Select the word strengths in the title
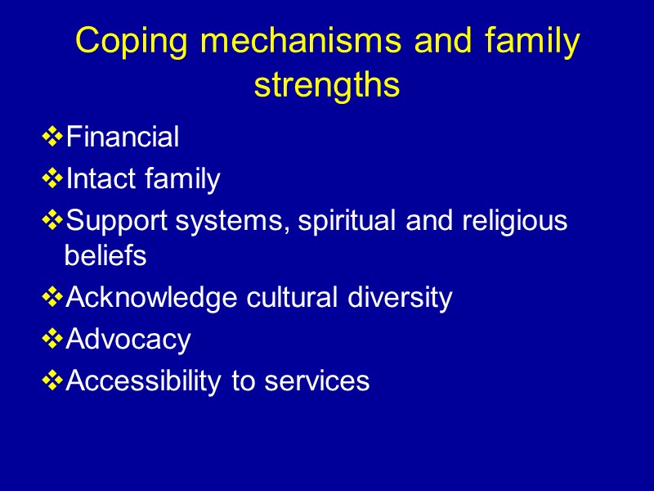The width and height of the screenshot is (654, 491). click(327, 85)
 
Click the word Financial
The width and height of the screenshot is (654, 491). click(122, 137)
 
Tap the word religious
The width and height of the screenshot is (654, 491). click(513, 221)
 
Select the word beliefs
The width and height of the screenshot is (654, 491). click(105, 256)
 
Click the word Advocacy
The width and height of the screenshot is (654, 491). click(128, 339)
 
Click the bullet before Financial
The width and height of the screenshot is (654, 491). click(53, 137)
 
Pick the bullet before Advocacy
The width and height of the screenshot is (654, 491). click(53, 339)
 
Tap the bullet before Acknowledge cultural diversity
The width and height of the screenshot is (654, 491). click(53, 297)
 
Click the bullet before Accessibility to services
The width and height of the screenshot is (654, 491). click(53, 381)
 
